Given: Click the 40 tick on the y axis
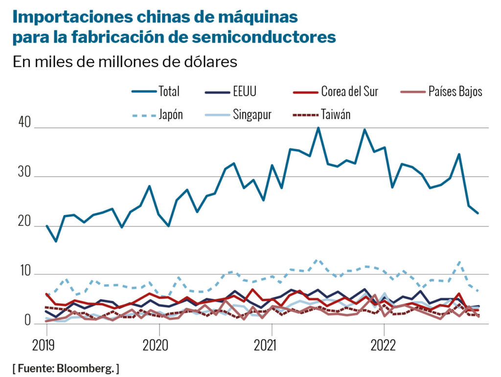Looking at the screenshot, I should coord(25,125).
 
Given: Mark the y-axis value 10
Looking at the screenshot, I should coord(25,272).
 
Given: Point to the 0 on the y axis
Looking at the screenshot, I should coord(27,321).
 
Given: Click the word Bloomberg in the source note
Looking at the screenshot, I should coord(90,368).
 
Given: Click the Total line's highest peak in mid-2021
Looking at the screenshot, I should coord(318,128).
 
